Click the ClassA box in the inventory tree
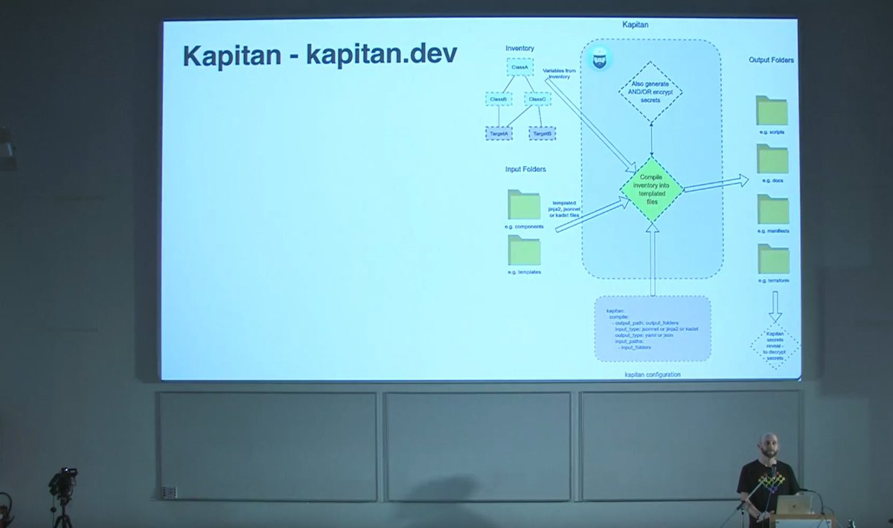519,68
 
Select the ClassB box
498,99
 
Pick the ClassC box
537,99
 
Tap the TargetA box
498,133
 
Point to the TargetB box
542,133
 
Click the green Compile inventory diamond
652,189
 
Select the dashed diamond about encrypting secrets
651,91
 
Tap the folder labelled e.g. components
524,205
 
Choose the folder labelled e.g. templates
524,251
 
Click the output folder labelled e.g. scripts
772,111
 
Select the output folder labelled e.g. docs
772,159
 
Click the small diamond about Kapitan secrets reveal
775,345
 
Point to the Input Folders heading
525,170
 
